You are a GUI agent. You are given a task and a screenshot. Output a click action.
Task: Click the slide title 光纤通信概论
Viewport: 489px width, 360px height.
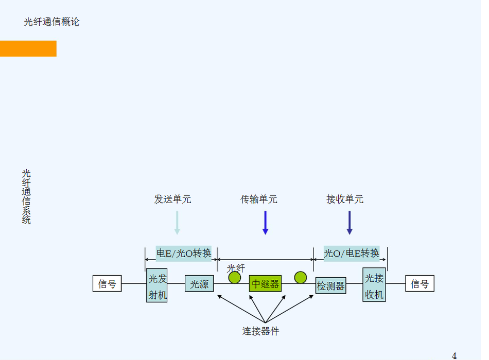[51, 22]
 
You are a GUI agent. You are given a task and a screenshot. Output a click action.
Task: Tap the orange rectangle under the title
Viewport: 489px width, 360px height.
[28, 48]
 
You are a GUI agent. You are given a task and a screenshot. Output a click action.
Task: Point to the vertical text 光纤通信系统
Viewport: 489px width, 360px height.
[26, 196]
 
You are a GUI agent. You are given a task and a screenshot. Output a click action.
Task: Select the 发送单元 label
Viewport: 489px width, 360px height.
[172, 199]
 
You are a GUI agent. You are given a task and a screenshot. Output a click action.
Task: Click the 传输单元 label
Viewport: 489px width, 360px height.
[259, 199]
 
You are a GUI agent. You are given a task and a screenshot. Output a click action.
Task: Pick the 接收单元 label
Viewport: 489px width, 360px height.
[345, 199]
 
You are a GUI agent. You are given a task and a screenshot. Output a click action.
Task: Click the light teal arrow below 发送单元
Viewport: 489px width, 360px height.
[177, 222]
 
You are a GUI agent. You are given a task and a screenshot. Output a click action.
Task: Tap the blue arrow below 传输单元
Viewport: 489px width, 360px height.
[265, 222]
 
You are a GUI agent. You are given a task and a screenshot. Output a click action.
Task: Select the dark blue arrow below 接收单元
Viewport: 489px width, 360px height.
[350, 222]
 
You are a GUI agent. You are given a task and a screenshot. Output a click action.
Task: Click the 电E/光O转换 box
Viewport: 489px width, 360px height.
[184, 253]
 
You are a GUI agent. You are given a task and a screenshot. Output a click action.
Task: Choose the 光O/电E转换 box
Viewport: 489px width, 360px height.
[352, 253]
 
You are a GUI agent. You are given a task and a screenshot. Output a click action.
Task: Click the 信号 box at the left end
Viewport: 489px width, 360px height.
[107, 284]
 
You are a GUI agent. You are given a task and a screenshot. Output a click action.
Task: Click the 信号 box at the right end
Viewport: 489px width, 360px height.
[420, 284]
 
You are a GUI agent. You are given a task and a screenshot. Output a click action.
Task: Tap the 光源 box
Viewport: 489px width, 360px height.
[199, 284]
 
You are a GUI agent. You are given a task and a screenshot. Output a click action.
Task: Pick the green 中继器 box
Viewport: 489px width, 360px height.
[265, 284]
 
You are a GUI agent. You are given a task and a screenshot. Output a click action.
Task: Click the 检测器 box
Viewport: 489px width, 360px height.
[330, 286]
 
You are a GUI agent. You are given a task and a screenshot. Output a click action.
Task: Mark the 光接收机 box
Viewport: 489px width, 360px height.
[374, 285]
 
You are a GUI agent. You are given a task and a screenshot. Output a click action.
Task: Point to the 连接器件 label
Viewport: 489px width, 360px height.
[261, 331]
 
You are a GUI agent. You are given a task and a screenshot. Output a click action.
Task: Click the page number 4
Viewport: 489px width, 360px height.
[454, 355]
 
